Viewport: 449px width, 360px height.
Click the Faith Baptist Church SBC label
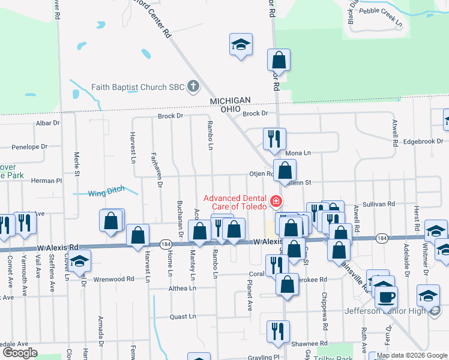[x=137, y=87]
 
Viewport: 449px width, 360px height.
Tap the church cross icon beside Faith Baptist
[x=193, y=87]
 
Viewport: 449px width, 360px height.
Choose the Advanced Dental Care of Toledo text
[x=236, y=202]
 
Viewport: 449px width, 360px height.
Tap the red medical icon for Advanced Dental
[x=276, y=200]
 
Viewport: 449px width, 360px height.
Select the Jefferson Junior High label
[x=384, y=311]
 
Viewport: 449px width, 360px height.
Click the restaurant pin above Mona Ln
[x=274, y=139]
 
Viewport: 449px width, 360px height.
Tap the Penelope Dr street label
[x=29, y=146]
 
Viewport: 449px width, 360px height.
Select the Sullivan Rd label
[x=379, y=204]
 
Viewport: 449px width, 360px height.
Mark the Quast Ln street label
[x=182, y=316]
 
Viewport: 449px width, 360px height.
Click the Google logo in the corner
[x=19, y=353]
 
